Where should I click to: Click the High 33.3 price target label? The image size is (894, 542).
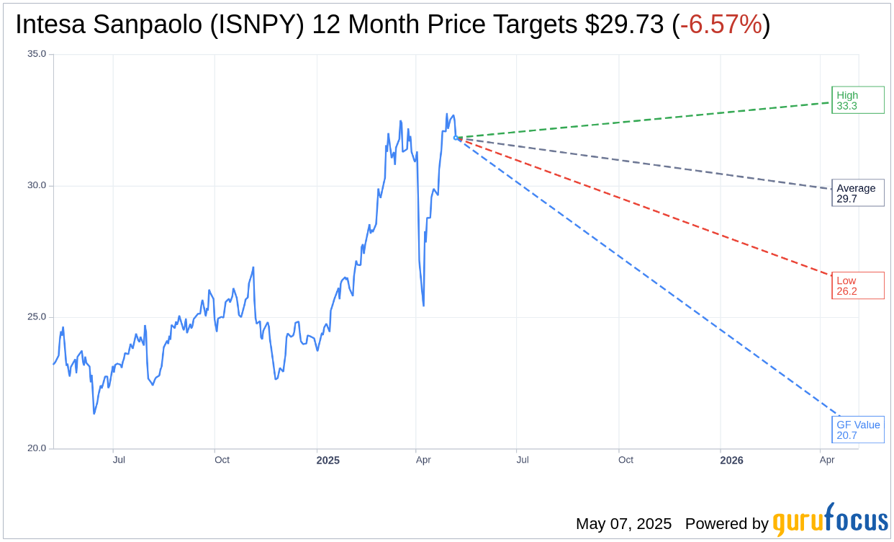(x=857, y=100)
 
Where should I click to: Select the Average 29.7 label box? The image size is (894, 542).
(x=857, y=193)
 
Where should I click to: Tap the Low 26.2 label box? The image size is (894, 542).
(x=857, y=286)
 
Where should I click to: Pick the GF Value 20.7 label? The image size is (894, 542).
(x=857, y=430)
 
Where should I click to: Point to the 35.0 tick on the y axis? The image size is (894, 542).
(x=36, y=54)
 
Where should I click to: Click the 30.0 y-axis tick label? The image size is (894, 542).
(x=36, y=185)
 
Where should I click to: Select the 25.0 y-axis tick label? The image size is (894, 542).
(x=36, y=317)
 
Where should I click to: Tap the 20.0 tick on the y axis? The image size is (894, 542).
(x=36, y=448)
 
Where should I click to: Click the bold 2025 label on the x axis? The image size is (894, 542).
(x=328, y=460)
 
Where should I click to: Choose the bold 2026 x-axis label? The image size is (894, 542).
(x=731, y=460)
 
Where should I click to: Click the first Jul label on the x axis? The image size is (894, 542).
(x=119, y=460)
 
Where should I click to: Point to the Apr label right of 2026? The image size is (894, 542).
(x=827, y=460)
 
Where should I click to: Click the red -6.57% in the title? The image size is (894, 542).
(x=721, y=25)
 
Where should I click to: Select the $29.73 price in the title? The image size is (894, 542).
(x=624, y=25)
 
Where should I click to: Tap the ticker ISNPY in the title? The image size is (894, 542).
(x=259, y=25)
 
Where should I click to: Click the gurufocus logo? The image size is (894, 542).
(x=830, y=520)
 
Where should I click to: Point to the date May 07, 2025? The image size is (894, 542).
(x=623, y=524)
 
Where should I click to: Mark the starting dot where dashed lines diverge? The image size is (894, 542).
(x=456, y=138)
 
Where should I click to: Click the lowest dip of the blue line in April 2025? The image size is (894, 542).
(x=423, y=306)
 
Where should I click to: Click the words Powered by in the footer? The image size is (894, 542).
(x=726, y=524)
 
